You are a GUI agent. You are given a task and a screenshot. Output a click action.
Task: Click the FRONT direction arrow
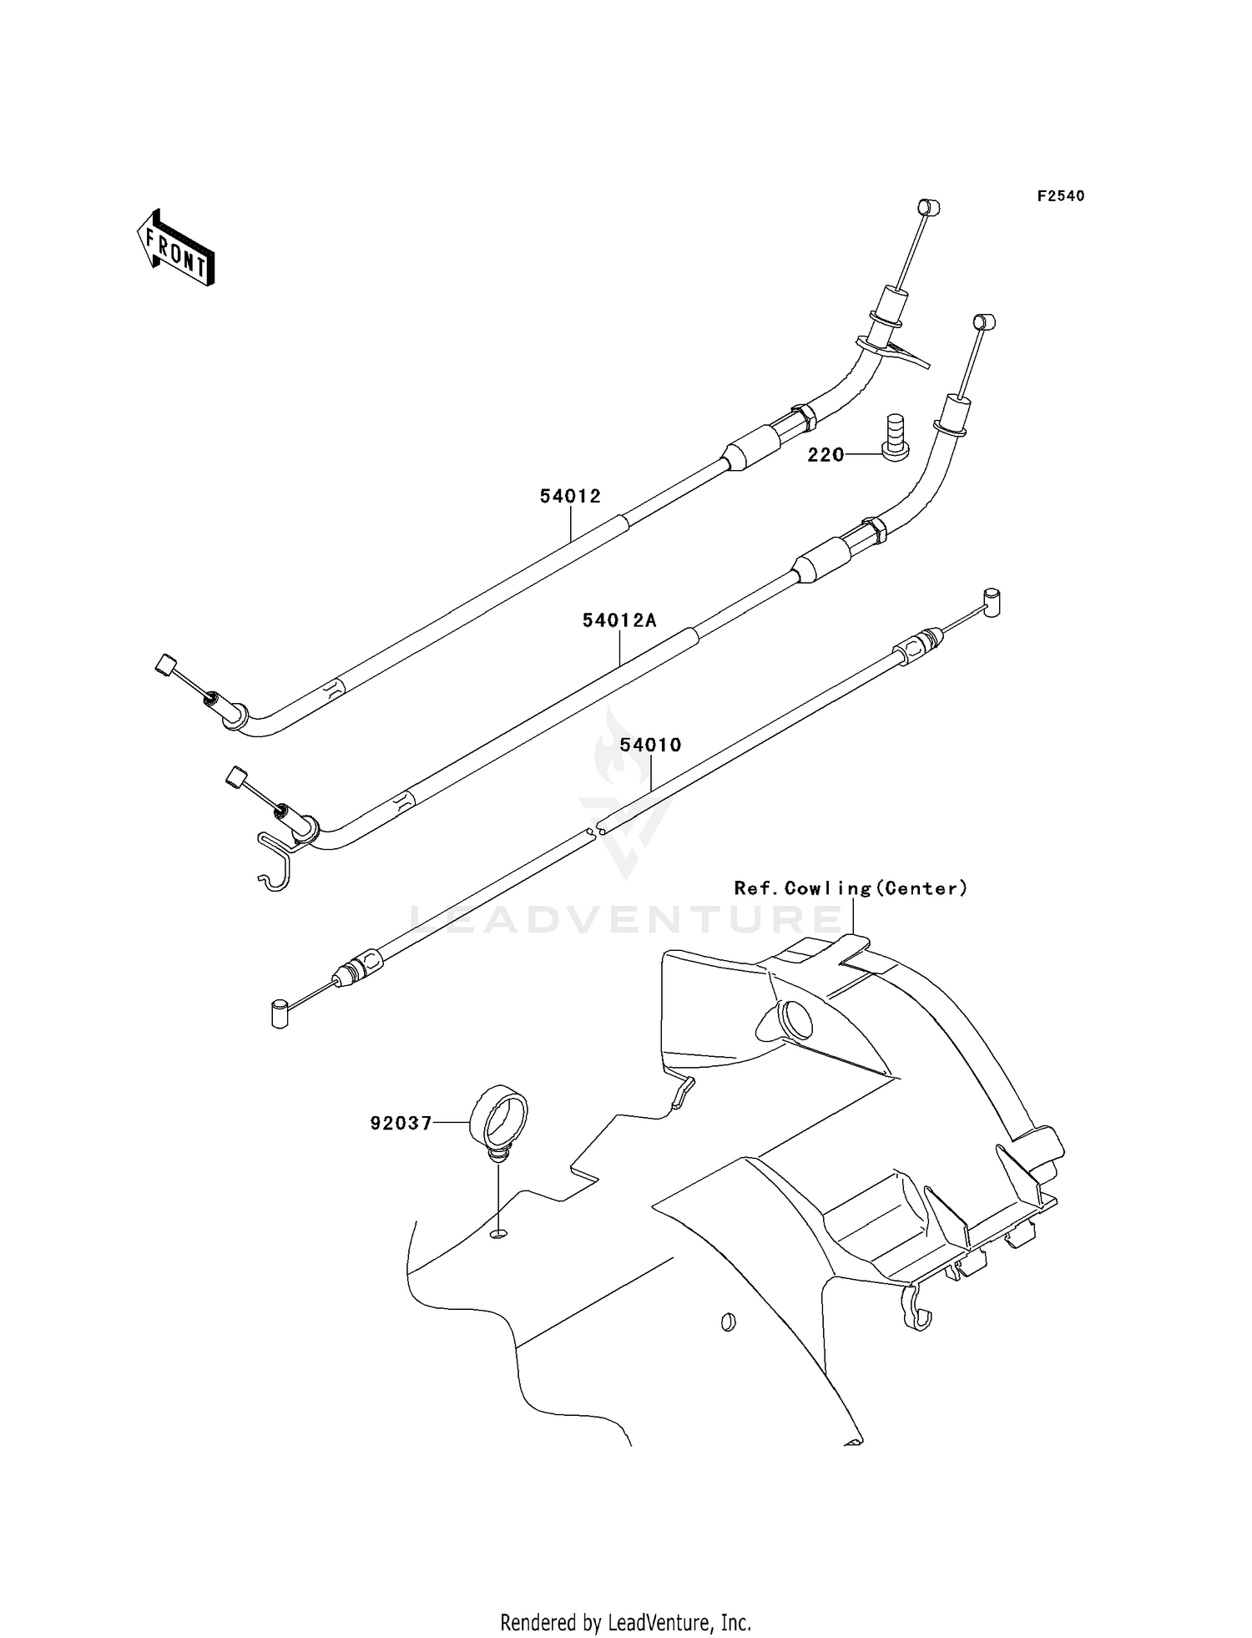(175, 248)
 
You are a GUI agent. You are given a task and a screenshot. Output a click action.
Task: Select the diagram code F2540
(1061, 196)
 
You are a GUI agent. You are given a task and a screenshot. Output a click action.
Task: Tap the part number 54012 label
(570, 496)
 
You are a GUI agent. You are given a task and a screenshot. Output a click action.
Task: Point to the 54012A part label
(619, 620)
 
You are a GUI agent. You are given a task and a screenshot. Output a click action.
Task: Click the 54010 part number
(651, 745)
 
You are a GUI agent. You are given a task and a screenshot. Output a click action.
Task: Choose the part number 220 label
(825, 455)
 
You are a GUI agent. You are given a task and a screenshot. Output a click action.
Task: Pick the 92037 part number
(401, 1124)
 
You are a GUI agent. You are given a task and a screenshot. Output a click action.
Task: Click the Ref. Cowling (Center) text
(851, 888)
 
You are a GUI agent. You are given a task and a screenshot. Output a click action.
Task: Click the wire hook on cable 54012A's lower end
(274, 860)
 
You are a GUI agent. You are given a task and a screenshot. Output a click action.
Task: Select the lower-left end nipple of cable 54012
(165, 666)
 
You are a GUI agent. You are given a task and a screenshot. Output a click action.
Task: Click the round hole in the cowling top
(794, 1019)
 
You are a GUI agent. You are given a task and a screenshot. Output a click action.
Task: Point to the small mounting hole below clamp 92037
(498, 1234)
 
